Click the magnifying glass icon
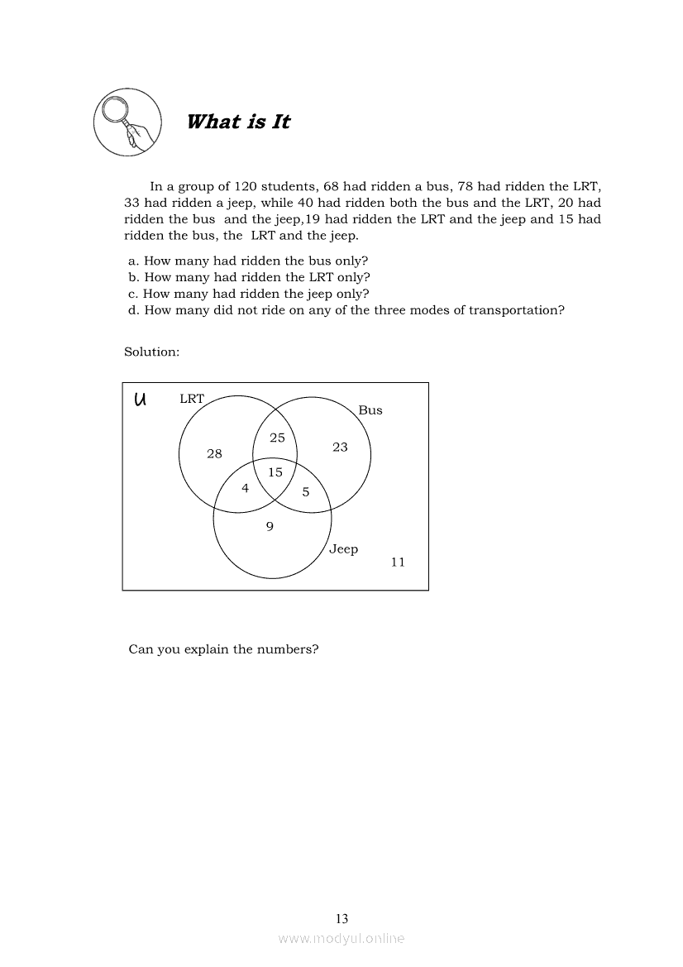coord(127,122)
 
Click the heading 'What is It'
coord(238,122)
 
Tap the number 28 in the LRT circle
coord(214,453)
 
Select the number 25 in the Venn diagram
coord(277,438)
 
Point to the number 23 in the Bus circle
coord(340,447)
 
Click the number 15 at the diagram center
coord(275,472)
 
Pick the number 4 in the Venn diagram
coord(245,488)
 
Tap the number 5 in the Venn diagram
coord(305,492)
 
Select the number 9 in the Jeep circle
coord(270,526)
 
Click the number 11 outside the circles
coord(398,562)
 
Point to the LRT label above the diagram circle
coord(192,399)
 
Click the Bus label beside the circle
coord(370,410)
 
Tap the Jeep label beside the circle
coord(344,549)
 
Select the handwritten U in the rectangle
coord(140,400)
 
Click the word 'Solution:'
coord(152,352)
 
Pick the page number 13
coord(341,918)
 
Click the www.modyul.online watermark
coord(341,938)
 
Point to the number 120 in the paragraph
coord(246,186)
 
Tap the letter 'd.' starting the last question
coord(134,310)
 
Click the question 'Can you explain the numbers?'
coord(223,649)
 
